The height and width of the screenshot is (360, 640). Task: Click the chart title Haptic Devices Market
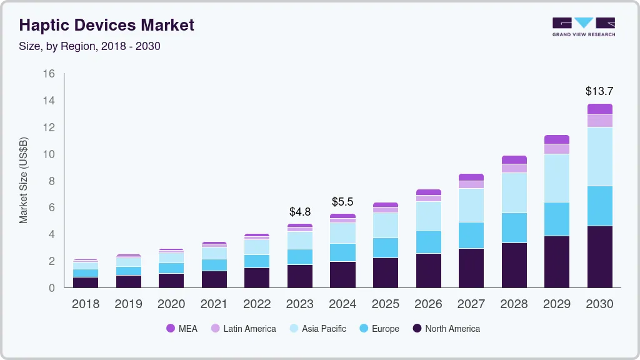click(x=107, y=25)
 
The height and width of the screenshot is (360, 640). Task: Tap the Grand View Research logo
click(x=583, y=26)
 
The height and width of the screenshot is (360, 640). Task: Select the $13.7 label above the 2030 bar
click(x=599, y=91)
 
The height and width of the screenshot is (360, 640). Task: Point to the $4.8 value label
click(x=300, y=212)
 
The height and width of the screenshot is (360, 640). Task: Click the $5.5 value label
click(x=342, y=202)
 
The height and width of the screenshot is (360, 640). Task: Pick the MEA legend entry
click(x=182, y=329)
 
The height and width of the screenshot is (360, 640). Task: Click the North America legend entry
click(x=446, y=329)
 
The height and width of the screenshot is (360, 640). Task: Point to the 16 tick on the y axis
click(x=49, y=74)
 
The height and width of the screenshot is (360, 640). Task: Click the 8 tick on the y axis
click(x=52, y=181)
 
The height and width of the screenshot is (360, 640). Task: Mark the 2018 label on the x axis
click(x=85, y=304)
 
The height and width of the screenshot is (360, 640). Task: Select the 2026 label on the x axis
click(x=428, y=304)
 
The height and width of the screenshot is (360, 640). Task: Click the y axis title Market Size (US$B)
click(x=24, y=180)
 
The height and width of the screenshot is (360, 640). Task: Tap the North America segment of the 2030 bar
click(x=599, y=256)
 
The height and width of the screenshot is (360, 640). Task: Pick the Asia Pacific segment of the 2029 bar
click(x=557, y=178)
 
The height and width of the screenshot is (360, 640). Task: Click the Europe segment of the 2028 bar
click(x=514, y=227)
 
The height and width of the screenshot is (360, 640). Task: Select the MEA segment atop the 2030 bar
click(x=599, y=109)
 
